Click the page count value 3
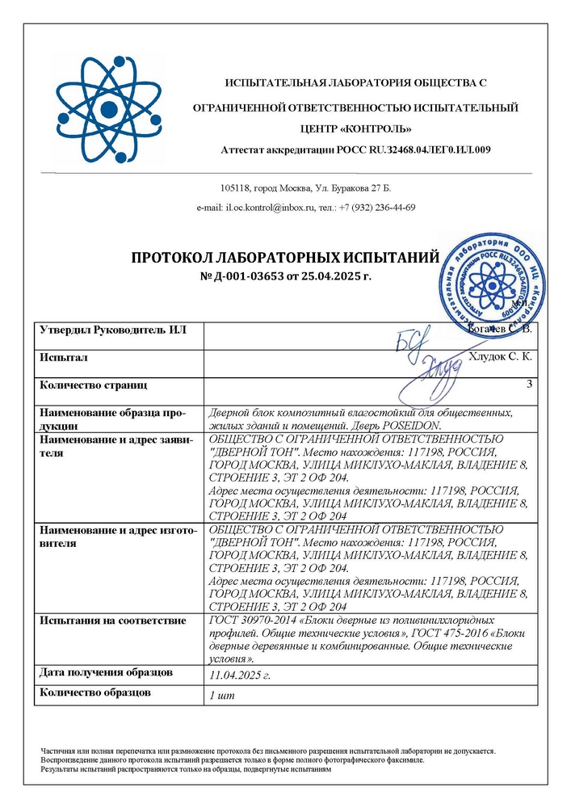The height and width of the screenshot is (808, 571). pyautogui.click(x=529, y=385)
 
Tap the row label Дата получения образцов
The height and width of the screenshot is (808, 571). pyautogui.click(x=106, y=672)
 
